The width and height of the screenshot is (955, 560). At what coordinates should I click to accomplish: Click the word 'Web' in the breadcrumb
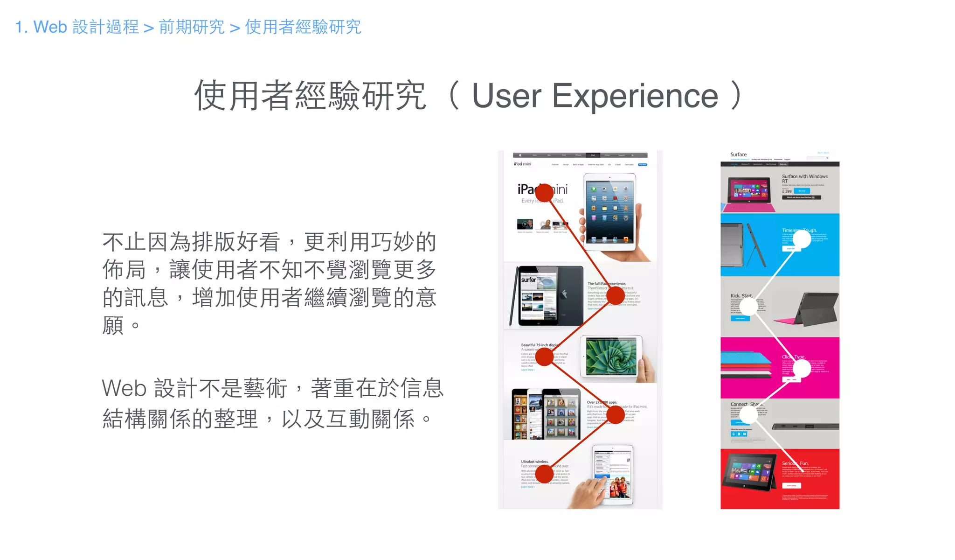click(x=50, y=27)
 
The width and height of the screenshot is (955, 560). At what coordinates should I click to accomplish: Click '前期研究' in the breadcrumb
click(x=192, y=27)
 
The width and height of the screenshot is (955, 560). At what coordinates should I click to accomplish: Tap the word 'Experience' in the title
click(x=635, y=96)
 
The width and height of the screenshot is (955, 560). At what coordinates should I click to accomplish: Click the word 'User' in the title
click(x=506, y=96)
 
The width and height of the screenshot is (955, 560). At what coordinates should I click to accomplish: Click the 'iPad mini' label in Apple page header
click(x=522, y=164)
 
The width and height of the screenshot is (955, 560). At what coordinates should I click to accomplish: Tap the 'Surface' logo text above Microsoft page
click(x=738, y=154)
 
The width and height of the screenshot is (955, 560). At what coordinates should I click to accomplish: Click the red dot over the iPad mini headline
click(x=544, y=193)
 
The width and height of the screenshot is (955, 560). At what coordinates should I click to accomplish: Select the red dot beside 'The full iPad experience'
click(x=616, y=295)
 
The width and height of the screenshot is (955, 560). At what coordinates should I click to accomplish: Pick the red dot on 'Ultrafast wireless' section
click(x=544, y=474)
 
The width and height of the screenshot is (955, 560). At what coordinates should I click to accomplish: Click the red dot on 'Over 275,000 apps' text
click(x=616, y=414)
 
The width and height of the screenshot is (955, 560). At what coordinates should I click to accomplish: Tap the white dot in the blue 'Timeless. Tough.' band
click(x=802, y=239)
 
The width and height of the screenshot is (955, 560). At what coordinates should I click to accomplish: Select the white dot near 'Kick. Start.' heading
click(x=748, y=307)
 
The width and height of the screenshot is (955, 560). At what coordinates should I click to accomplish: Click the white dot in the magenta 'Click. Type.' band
click(x=802, y=369)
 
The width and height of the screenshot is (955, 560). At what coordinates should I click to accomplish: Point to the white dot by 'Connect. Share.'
click(x=748, y=414)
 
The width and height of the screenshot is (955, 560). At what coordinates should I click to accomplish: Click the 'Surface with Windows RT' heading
click(x=804, y=178)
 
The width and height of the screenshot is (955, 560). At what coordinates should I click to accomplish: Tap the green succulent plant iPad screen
click(x=611, y=357)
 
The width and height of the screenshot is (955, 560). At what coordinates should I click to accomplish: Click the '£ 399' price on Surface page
click(x=787, y=191)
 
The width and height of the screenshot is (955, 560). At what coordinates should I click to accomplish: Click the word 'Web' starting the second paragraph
click(x=124, y=389)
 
